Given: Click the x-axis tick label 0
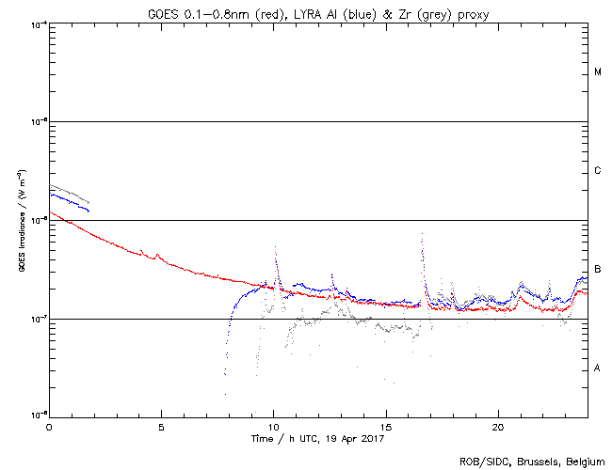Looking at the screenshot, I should point(49,426).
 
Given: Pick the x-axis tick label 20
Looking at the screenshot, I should point(499,426).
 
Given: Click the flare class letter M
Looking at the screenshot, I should point(598,72).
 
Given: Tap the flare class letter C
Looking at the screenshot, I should point(598,171).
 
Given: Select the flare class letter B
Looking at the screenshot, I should point(598,270).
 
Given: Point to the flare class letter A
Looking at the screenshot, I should point(598,368).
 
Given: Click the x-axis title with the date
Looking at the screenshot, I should point(317,438).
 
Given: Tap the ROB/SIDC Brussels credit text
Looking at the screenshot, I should point(531,461).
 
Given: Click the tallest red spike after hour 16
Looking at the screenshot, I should point(422,234).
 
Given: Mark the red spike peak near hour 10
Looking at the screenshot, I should point(275,247).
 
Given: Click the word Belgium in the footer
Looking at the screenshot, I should point(585,461).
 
